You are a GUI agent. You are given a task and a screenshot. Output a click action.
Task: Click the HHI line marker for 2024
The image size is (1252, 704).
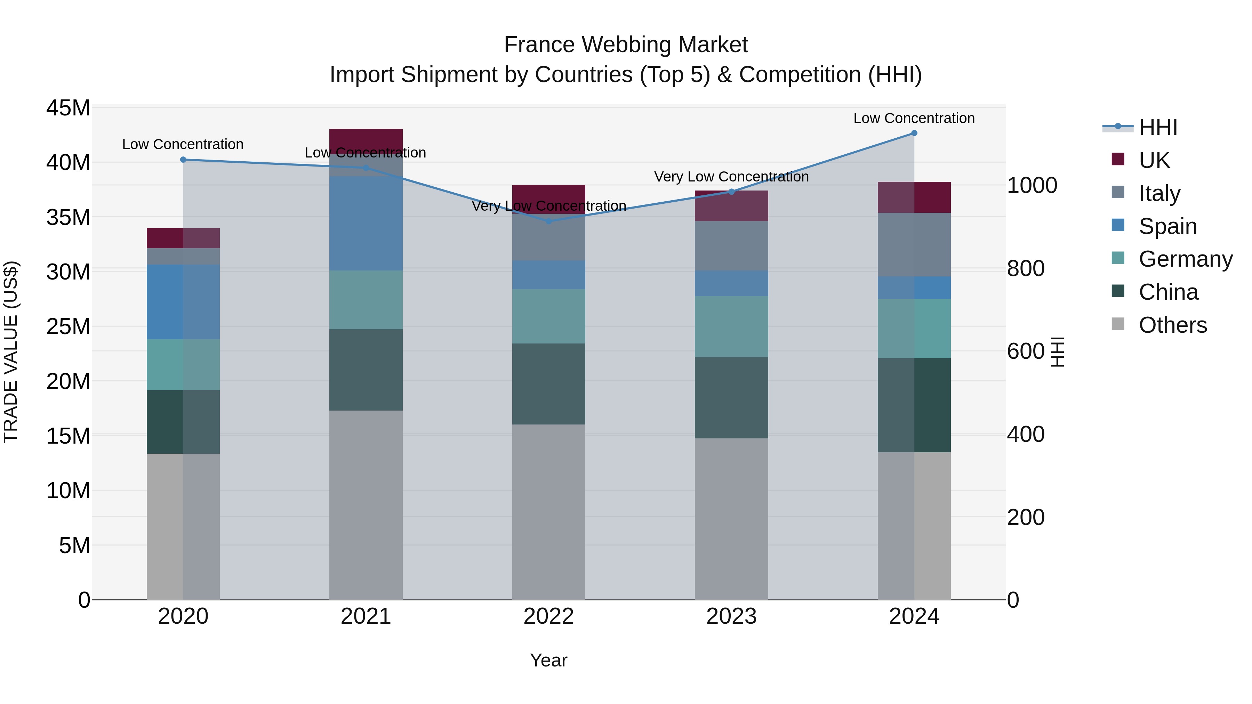914,133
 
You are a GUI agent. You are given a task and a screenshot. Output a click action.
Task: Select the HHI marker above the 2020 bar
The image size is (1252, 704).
183,159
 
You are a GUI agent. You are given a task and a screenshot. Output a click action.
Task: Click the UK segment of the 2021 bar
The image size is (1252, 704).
366,140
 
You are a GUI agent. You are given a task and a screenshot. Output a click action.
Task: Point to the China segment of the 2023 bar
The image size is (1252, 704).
731,397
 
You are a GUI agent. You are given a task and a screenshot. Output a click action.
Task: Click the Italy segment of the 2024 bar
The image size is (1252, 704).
914,244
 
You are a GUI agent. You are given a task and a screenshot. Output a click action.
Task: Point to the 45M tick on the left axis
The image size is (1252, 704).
68,108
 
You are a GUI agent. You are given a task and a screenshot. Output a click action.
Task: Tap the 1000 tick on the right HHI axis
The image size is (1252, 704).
1032,186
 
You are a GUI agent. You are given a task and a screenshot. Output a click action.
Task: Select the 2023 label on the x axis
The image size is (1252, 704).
731,616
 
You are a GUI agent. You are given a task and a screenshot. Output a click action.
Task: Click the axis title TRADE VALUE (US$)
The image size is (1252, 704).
11,352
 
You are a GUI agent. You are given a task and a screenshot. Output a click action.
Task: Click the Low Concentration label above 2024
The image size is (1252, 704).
914,118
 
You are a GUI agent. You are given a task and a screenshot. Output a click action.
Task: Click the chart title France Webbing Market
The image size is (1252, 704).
626,45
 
